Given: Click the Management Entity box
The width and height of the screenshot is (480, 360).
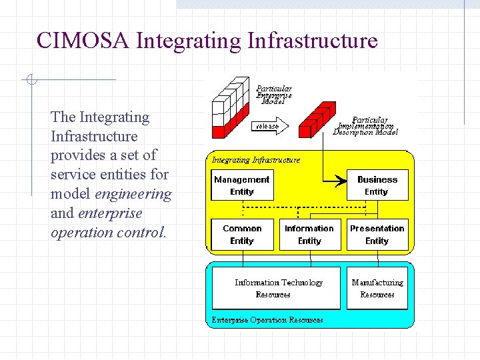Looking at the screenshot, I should coord(242,185).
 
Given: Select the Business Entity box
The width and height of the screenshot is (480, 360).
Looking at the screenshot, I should coord(377,185).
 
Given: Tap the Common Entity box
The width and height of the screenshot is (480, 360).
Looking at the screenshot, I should coord(242,235).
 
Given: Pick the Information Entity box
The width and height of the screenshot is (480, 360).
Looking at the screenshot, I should coord(309,235).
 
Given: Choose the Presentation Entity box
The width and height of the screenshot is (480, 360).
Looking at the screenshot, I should coord(377,235).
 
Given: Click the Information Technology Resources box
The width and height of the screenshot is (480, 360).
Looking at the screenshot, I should coord(276,288).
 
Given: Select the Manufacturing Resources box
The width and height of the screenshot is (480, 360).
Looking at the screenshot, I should coord(377,288).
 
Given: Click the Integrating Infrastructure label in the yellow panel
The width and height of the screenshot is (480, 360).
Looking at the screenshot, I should coord(256,160).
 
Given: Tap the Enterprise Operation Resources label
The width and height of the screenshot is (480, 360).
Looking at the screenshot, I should coord(267,320).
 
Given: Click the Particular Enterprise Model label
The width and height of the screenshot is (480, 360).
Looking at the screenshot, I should coord(274,95).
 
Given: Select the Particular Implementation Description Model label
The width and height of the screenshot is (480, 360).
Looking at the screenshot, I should coord(367,126).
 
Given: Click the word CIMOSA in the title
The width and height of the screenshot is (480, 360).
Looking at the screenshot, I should coord(83,41).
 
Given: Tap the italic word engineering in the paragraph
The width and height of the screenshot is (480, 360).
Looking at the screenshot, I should coord(133,194).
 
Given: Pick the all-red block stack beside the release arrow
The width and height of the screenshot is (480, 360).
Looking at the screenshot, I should coord(315,117).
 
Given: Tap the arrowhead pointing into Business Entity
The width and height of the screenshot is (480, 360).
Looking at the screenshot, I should coord(342,180).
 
